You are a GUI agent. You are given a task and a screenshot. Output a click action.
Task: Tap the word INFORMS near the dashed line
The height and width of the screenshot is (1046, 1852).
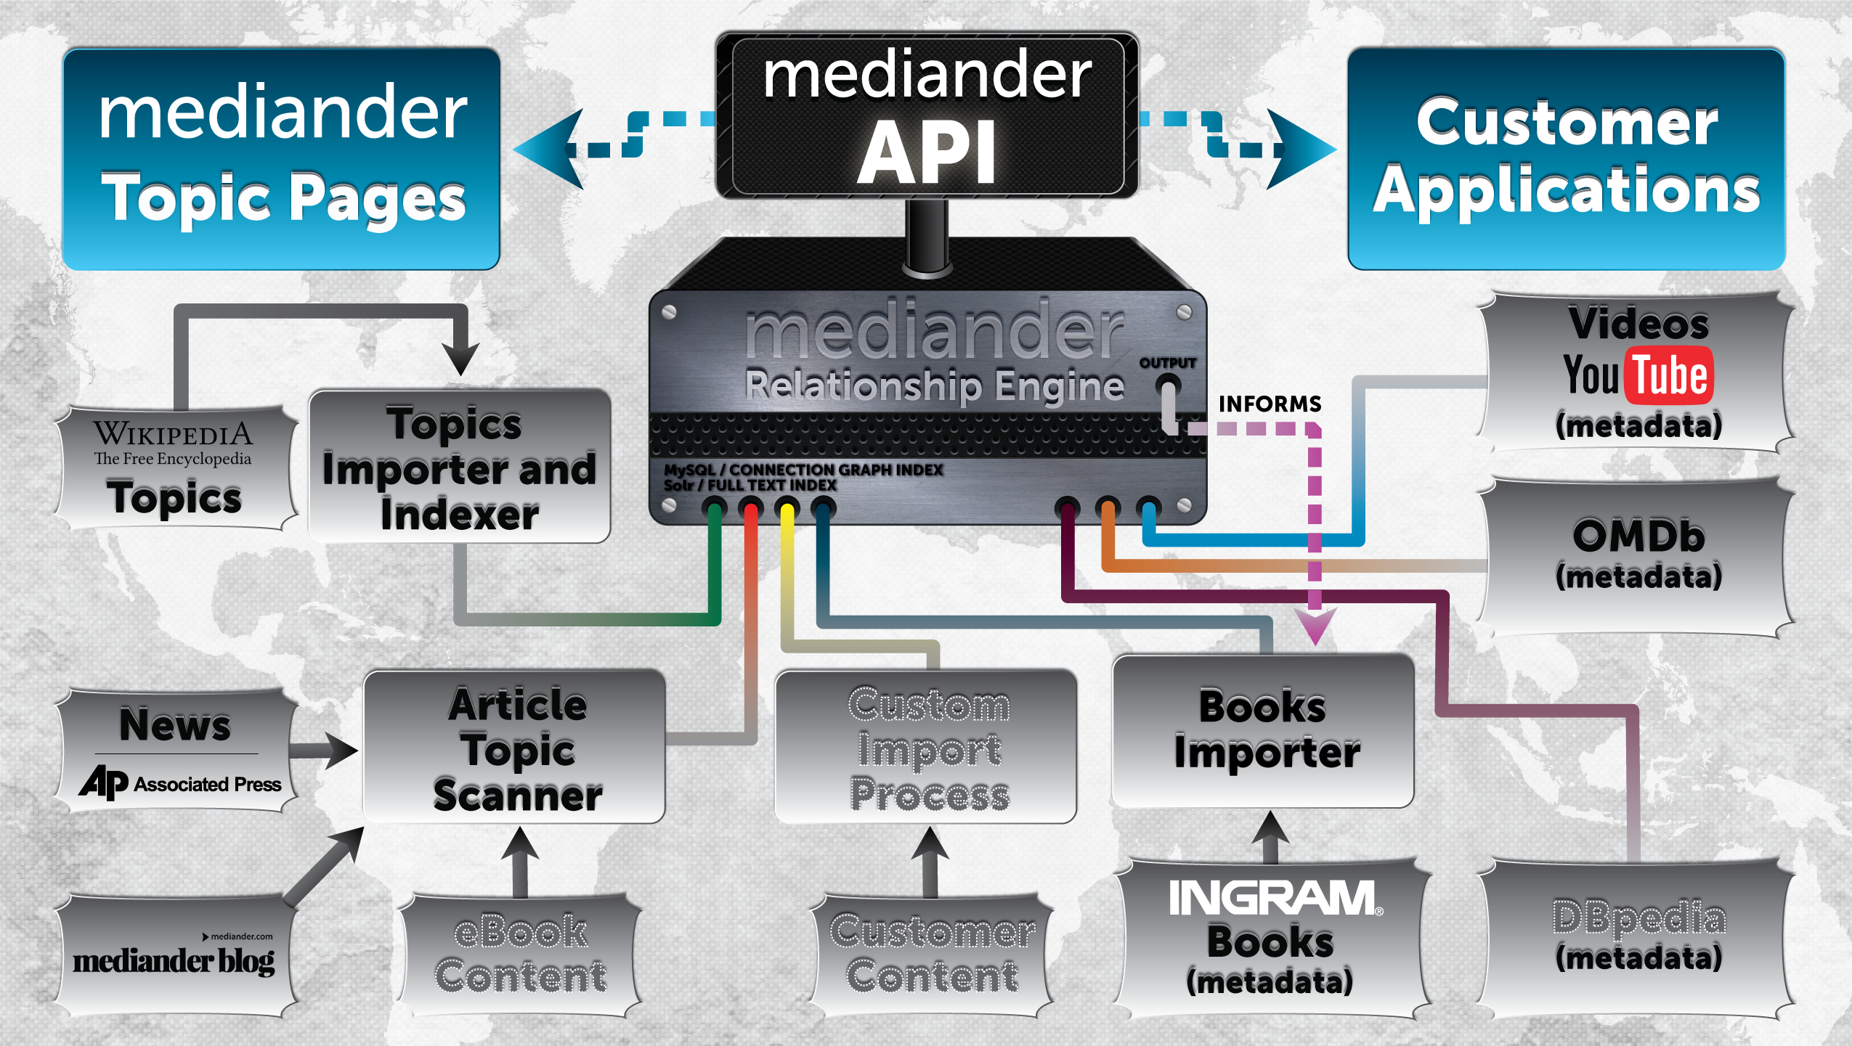1270,404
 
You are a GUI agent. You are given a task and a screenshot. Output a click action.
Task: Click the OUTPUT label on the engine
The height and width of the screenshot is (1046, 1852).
1167,362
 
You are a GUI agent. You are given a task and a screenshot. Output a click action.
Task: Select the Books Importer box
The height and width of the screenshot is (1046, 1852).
1263,730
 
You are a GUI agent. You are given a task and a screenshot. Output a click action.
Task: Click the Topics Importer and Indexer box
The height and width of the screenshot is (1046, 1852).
459,467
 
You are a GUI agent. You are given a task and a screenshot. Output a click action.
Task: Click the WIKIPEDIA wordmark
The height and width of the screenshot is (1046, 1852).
173,434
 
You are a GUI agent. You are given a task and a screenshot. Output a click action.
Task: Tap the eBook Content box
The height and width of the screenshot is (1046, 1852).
520,954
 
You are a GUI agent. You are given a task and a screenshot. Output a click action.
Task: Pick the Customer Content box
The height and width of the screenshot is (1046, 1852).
933,954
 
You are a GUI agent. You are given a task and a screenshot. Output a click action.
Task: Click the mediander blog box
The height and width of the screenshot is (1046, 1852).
174,957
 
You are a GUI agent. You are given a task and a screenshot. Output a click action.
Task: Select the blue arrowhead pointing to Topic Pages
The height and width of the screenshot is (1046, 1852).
548,150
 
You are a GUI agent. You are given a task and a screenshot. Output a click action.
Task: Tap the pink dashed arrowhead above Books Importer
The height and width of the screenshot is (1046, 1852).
1315,624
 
